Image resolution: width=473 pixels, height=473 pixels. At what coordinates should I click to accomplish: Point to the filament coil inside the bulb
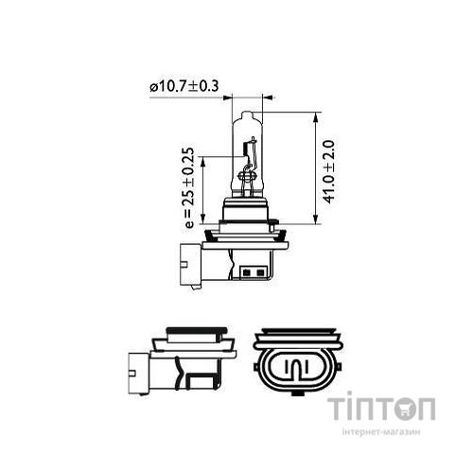tap(250, 172)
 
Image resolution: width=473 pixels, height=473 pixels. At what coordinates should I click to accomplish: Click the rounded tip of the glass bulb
tap(249, 113)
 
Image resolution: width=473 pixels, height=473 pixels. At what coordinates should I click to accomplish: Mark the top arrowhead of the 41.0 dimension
tap(313, 115)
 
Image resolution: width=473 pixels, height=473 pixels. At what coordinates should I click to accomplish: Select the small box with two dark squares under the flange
tap(253, 274)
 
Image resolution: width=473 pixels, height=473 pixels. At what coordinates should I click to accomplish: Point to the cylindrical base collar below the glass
tap(249, 207)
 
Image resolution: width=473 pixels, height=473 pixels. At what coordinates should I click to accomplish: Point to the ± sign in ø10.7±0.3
tap(200, 86)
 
